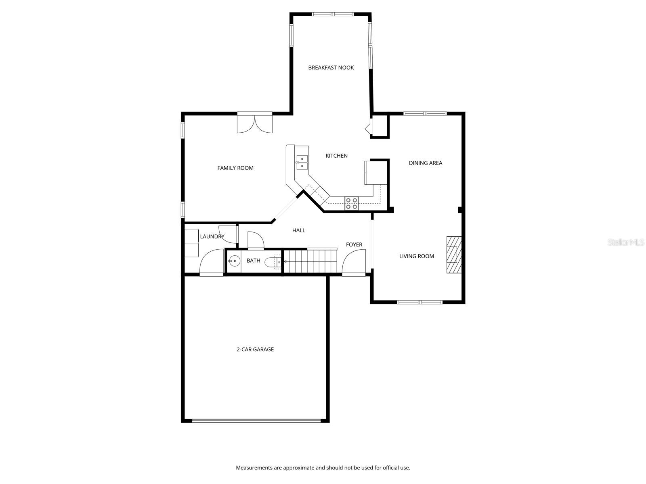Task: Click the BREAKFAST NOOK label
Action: [x=331, y=68]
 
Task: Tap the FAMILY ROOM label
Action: [x=235, y=168]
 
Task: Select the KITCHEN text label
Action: [x=336, y=156]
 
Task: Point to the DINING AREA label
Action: [x=426, y=163]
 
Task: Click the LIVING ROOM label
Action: [x=417, y=256]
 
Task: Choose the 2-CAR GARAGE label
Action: [x=255, y=350]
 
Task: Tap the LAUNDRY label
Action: [x=212, y=237]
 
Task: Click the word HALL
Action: [x=298, y=230]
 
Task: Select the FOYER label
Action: [x=354, y=245]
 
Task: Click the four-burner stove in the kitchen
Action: [x=351, y=203]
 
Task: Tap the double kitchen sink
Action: [x=302, y=162]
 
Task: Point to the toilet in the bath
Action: [x=273, y=263]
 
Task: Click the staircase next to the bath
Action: [x=310, y=261]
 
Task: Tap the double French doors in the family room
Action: [x=255, y=123]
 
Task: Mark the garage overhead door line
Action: [x=256, y=421]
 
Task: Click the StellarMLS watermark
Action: [x=626, y=242]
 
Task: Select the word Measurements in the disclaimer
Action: [x=254, y=468]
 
